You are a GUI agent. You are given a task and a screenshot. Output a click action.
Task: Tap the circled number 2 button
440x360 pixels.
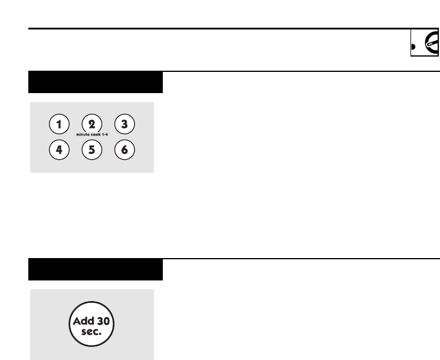[91, 124]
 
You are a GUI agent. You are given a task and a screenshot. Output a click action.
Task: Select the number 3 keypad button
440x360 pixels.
[124, 124]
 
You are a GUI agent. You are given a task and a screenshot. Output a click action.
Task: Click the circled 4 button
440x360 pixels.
[58, 150]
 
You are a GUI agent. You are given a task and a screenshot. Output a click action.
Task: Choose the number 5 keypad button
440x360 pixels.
[91, 150]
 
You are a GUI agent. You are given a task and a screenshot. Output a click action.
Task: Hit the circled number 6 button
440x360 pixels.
[124, 150]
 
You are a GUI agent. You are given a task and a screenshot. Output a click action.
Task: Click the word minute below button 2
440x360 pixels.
[83, 136]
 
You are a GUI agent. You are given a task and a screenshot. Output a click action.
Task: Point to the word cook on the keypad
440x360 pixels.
[96, 136]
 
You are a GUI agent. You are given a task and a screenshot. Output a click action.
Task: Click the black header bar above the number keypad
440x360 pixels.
[96, 82]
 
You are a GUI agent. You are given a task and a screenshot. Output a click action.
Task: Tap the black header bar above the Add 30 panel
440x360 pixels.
[96, 270]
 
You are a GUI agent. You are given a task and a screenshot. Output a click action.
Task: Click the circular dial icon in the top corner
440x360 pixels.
[432, 44]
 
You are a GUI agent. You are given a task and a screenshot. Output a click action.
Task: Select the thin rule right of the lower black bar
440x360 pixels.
[301, 259]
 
